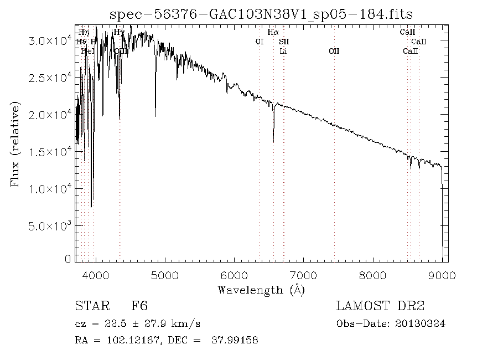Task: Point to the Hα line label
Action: point(272,33)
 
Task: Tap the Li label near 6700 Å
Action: point(283,51)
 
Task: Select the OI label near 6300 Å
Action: point(259,42)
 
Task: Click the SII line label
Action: point(283,42)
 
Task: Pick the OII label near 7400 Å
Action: point(334,51)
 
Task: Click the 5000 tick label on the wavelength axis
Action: point(165,274)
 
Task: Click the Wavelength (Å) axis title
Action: point(261,290)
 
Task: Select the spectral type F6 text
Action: point(139,306)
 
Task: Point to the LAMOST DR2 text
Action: point(380,306)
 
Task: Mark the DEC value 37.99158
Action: point(235,340)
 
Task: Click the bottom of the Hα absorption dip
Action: point(273,142)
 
